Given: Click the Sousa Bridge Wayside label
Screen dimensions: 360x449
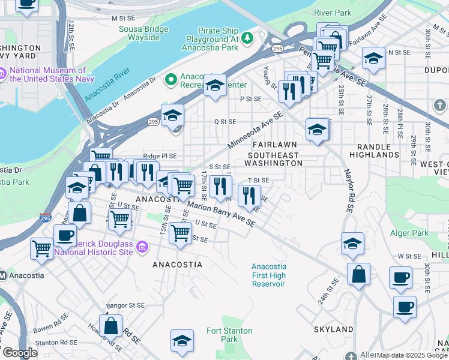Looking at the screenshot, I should coord(139,33).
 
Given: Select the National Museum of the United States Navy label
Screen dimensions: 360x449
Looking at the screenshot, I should coord(47,74).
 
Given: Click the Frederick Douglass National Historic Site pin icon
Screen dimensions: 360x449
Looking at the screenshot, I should coord(142,247).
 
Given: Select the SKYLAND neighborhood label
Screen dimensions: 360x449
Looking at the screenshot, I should coord(333,329).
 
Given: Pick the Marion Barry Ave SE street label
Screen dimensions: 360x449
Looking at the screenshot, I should coord(221,214).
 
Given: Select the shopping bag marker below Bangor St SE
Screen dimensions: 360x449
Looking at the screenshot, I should coord(111,326).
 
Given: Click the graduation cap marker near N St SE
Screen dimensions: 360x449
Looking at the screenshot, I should coord(373,59).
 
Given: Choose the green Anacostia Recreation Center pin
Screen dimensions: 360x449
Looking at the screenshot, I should coord(171,79).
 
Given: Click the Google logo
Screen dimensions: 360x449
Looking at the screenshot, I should coord(20,353).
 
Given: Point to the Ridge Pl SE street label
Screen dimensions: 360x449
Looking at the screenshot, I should coord(159,156).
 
